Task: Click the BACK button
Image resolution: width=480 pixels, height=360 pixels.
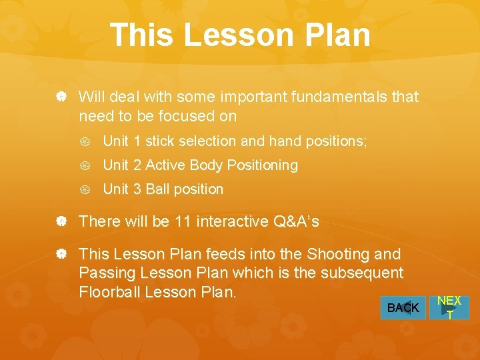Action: tap(403, 308)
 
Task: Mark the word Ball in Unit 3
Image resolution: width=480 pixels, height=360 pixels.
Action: tap(157, 189)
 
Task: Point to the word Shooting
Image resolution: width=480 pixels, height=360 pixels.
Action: tap(340, 255)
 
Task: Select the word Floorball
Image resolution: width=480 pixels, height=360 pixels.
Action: tap(110, 293)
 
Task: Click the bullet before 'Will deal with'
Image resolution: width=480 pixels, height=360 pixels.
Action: tap(61, 97)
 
